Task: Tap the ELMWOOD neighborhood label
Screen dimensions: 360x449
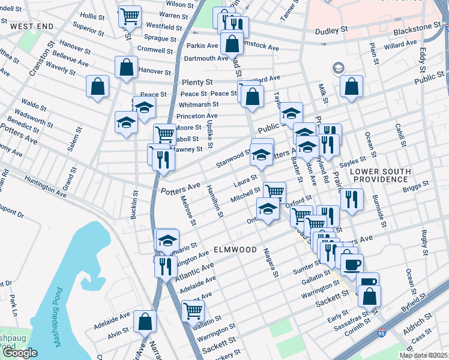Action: pyautogui.click(x=235, y=249)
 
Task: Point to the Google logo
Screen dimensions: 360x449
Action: pyautogui.click(x=19, y=353)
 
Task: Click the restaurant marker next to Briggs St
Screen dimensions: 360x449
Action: pyautogui.click(x=352, y=199)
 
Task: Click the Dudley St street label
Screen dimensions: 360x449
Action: pyautogui.click(x=333, y=29)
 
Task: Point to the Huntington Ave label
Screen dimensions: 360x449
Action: pyautogui.click(x=46, y=186)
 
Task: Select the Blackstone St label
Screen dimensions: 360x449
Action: pyautogui.click(x=414, y=30)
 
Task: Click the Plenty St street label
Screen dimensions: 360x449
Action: pyautogui.click(x=197, y=82)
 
